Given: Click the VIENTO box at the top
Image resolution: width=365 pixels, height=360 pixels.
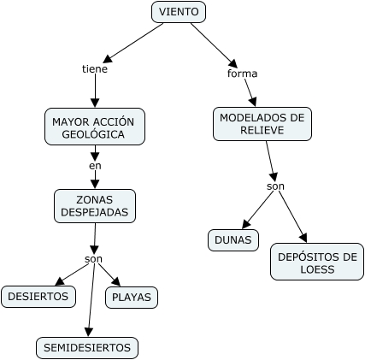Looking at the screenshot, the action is [179, 12].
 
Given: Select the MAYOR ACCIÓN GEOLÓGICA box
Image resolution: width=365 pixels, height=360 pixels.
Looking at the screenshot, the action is [95, 127].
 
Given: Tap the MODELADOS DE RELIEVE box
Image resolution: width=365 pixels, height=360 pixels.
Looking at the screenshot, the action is [262, 124].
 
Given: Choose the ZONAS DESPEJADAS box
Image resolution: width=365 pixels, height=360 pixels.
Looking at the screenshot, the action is [95, 206].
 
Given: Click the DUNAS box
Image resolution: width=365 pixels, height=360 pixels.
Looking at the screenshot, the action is [233, 240].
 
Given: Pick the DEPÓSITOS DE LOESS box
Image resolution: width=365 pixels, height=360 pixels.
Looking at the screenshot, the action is [317, 262].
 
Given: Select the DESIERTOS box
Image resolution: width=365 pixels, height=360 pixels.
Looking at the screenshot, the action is [38, 297].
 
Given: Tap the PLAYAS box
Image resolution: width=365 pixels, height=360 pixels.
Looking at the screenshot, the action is [132, 298].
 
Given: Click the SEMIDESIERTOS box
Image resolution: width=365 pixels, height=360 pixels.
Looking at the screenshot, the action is [87, 348].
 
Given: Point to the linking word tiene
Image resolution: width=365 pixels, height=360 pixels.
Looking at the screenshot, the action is [95, 69].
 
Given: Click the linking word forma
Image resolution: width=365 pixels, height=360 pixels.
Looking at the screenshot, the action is [242, 74].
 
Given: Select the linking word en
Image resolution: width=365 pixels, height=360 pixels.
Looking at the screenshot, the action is [95, 166].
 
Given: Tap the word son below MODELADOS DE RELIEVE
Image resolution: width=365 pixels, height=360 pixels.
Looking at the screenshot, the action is [275, 186].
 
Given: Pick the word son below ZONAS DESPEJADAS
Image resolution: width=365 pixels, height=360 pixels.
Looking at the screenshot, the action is [93, 259].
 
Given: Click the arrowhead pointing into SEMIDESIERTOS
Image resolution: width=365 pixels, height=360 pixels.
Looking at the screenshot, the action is [89, 332].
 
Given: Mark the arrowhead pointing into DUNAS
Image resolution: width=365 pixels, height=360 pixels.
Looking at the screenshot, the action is [246, 225].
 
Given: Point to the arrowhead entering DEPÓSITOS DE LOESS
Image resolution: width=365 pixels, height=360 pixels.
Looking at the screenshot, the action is [303, 238].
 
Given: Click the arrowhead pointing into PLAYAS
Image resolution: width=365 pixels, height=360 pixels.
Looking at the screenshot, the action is [116, 281].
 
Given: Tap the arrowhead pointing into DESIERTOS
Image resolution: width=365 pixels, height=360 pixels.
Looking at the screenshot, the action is [60, 281].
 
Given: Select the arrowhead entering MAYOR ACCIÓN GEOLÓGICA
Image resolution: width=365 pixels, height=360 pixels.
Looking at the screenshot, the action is [95, 103].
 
